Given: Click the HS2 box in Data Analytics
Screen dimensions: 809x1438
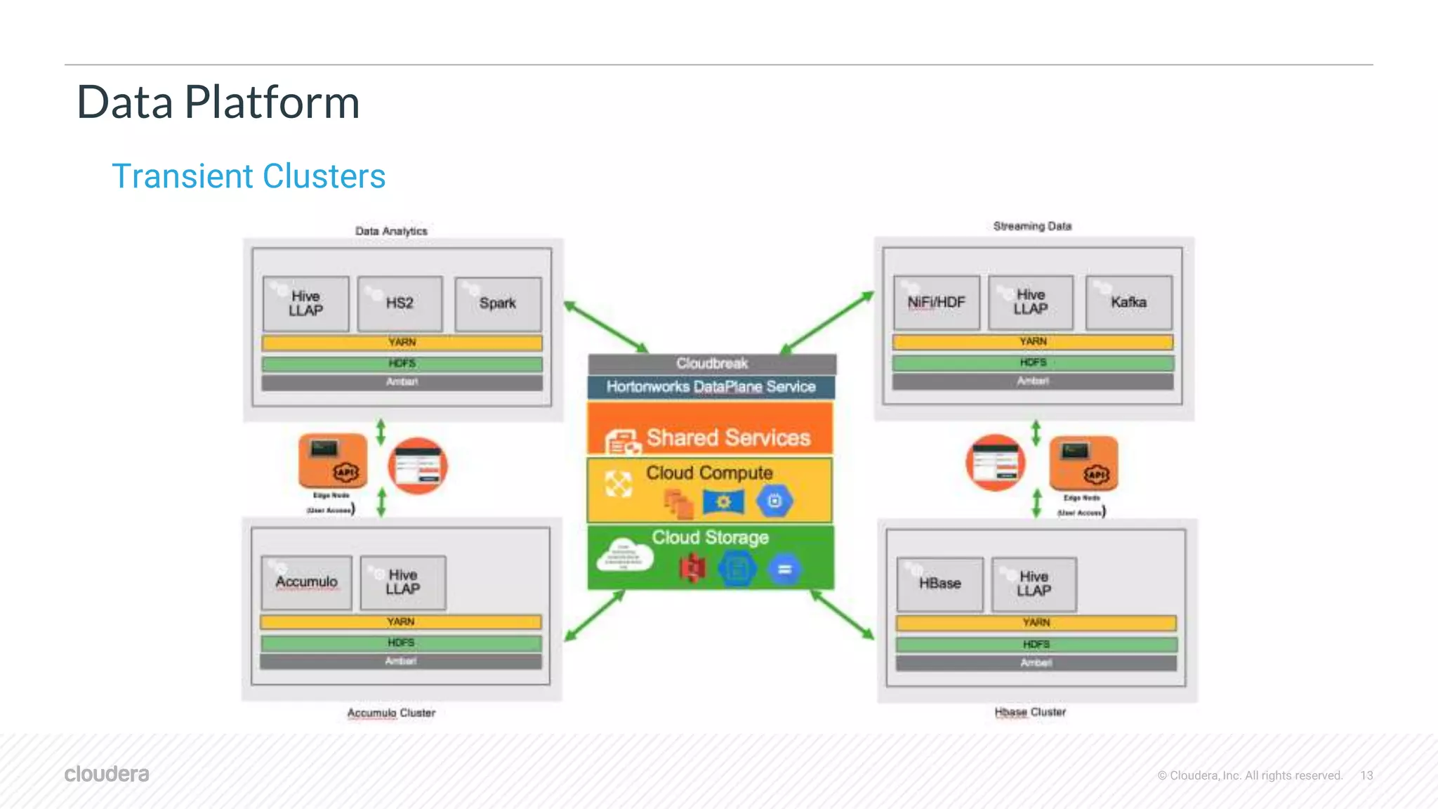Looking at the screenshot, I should pos(400,303).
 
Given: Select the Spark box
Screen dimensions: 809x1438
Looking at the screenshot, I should pos(498,303).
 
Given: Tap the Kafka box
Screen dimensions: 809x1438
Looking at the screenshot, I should pos(1128,302).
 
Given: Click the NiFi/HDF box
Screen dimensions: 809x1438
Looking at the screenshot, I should pos(936,302).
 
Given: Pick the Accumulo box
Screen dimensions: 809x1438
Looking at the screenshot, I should pos(306,582).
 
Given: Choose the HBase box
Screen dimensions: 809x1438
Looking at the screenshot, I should pos(939,584).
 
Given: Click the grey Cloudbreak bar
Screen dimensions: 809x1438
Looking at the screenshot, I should pos(712,364).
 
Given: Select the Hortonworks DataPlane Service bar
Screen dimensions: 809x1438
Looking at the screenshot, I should pos(711,387).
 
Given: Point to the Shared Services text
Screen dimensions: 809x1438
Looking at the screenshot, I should pos(728,438).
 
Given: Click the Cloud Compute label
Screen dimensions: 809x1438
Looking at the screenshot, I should pos(709,473).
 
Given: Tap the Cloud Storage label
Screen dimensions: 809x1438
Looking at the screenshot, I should pos(710,537).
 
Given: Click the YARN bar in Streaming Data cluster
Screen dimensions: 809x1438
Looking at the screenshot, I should pos(1033,342).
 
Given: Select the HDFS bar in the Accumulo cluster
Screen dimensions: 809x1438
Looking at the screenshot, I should pos(401,643).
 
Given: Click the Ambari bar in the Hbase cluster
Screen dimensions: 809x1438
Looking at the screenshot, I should pos(1036,664).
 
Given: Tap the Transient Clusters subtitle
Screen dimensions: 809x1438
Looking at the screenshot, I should pos(249,176).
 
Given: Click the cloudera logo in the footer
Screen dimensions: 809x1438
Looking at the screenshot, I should pos(107,774).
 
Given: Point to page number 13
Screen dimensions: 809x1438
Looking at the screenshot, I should pos(1366,775).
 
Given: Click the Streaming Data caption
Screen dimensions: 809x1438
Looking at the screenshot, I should pos(1032,226).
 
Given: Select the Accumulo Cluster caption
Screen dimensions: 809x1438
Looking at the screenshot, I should pos(391,713).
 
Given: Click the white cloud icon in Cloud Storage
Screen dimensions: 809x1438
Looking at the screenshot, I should pos(624,557).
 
